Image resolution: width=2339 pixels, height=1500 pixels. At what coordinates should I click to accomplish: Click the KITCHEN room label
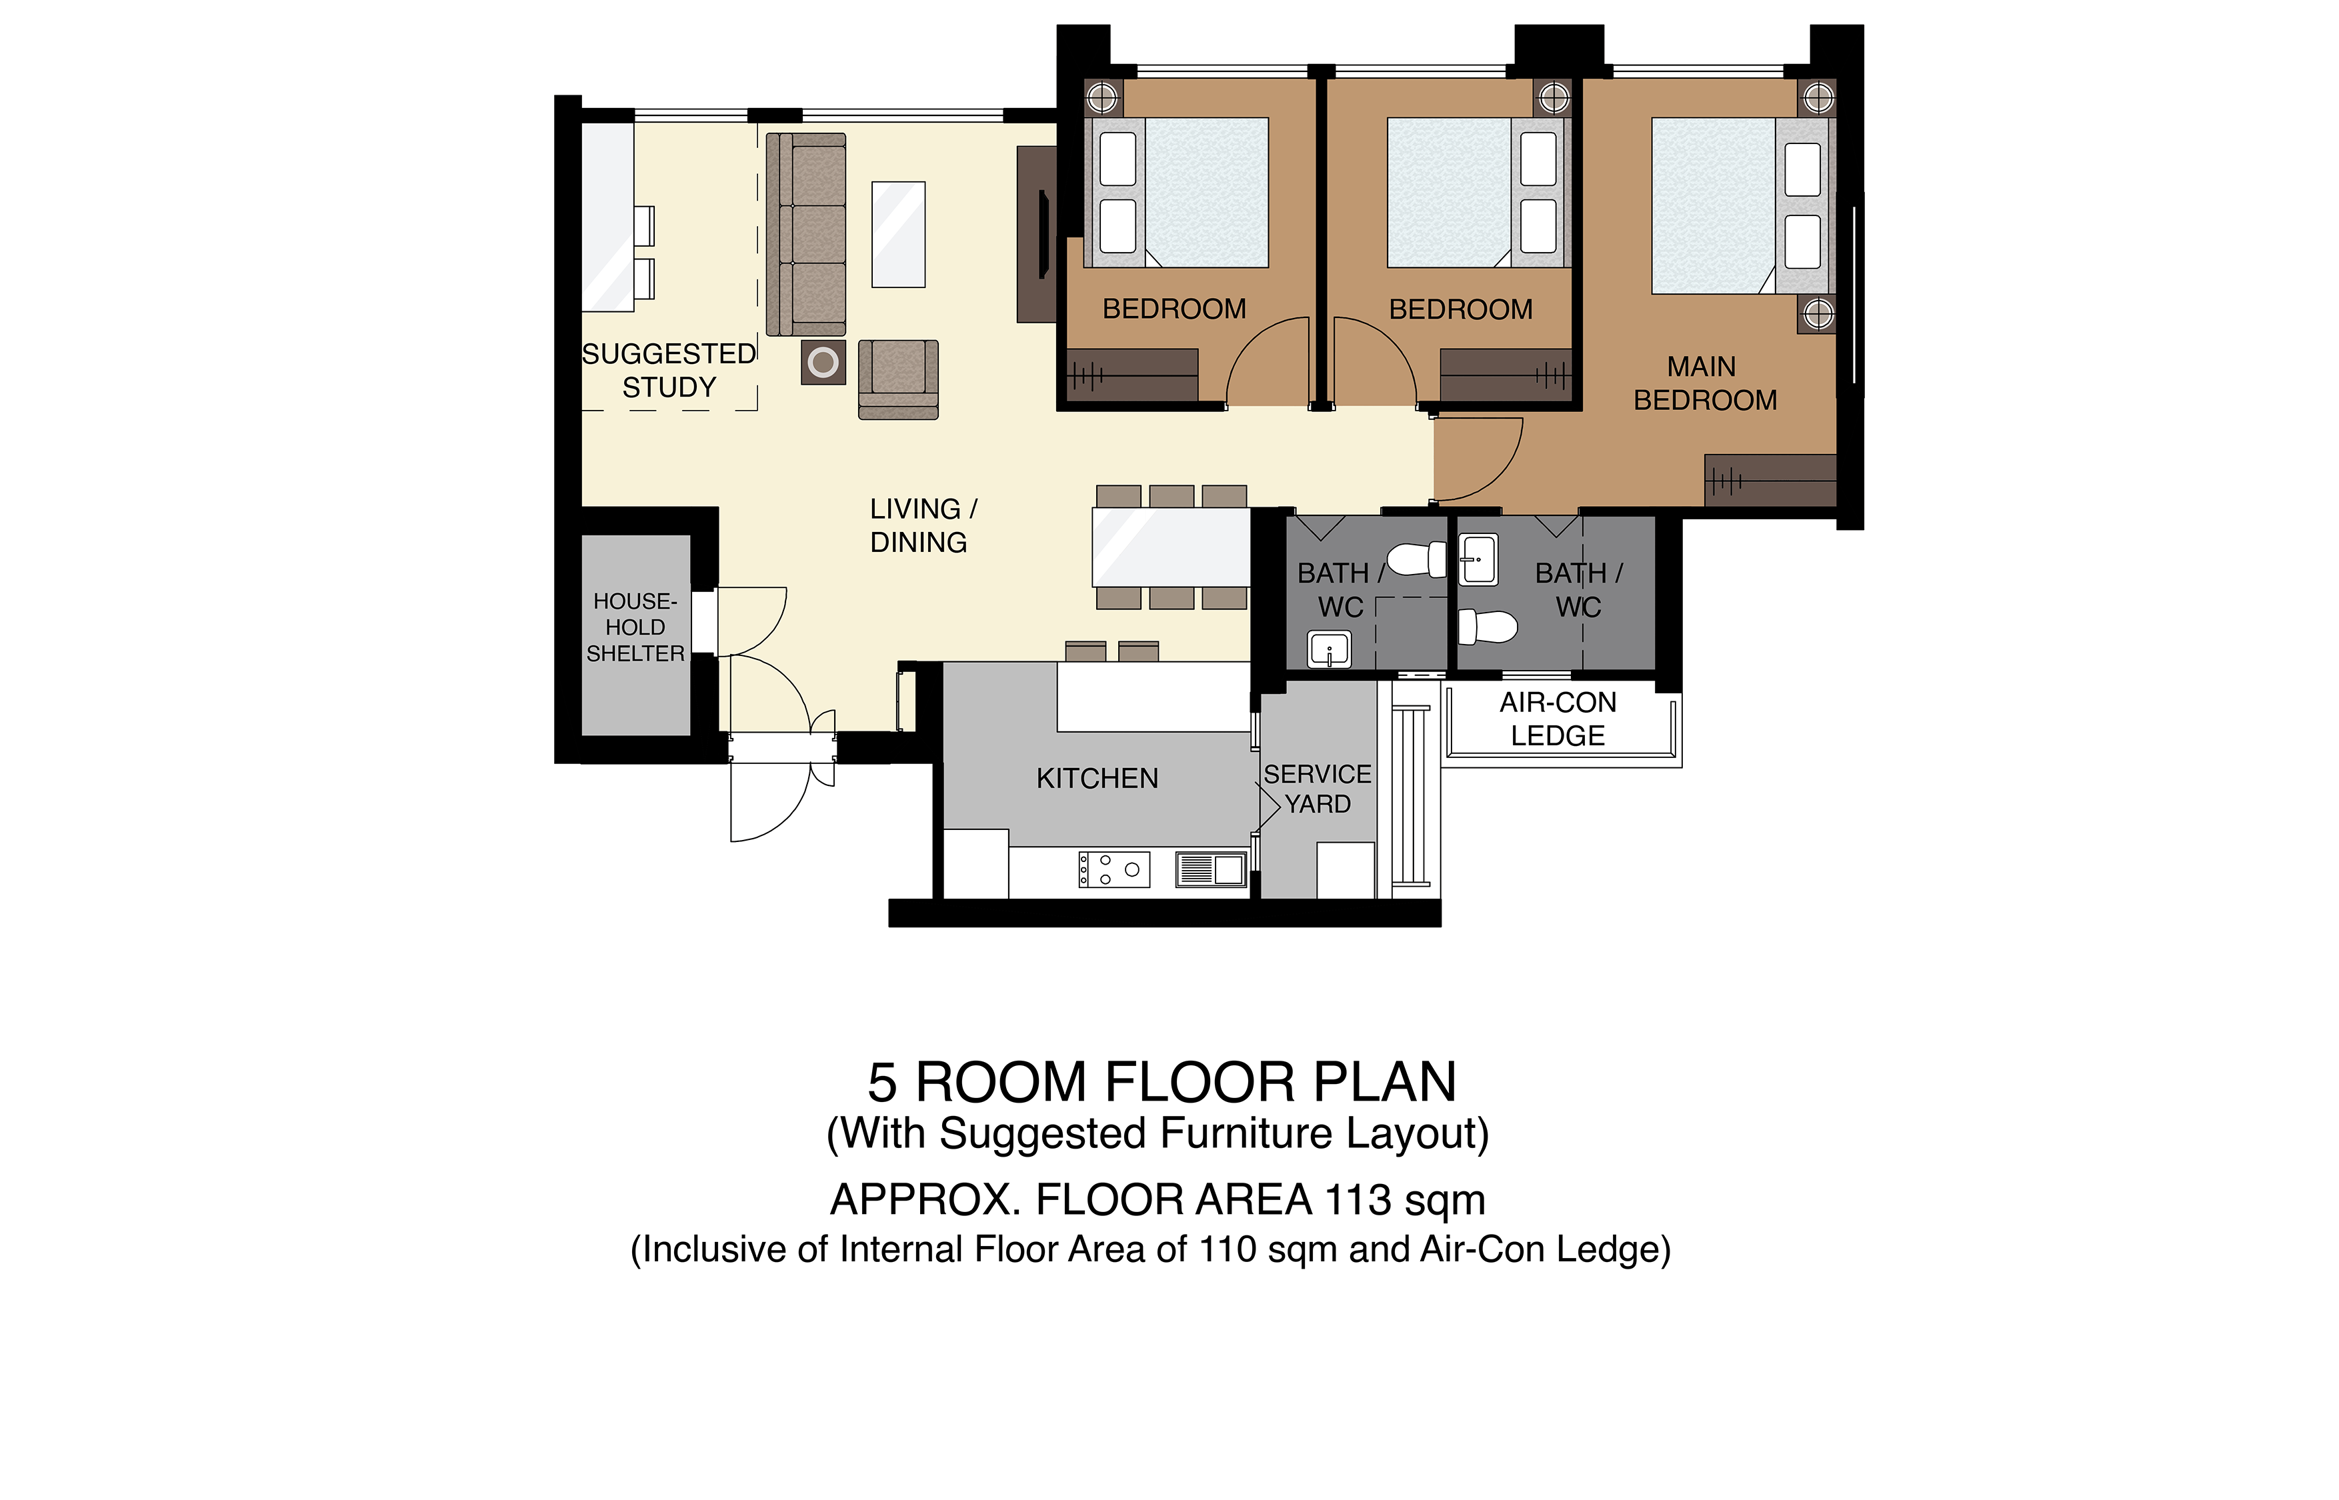coord(1097,778)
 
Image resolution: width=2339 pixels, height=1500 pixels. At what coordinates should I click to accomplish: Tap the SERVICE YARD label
coord(1317,789)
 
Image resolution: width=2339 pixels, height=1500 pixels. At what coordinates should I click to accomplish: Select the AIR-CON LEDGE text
coord(1558,719)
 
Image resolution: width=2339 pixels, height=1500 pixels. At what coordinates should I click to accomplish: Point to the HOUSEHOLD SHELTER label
coord(635,627)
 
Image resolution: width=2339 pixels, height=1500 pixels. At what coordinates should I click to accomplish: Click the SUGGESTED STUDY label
coord(669,370)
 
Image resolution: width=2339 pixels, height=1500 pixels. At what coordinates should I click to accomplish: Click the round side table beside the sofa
coord(823,363)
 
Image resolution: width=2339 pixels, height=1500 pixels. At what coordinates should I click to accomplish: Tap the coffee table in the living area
coord(898,235)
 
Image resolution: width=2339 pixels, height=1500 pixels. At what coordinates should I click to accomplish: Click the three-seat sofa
coord(805,235)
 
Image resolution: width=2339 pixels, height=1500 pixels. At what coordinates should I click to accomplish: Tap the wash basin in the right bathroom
coord(1479,559)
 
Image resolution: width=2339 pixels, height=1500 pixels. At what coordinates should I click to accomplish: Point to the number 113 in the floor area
coord(1359,1200)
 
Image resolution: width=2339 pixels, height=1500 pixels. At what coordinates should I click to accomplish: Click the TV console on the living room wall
coord(1037,235)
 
